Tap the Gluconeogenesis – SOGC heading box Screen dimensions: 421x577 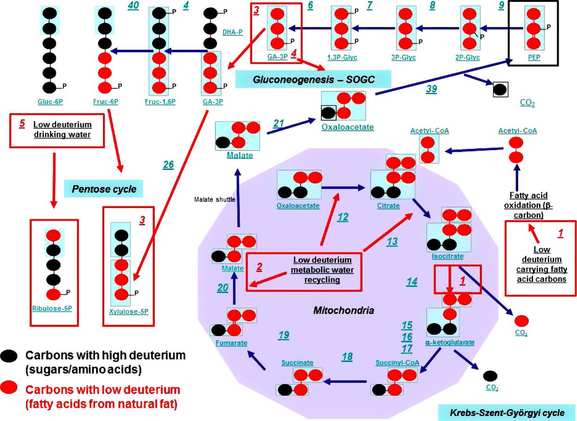[313, 78]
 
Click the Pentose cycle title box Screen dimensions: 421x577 [104, 189]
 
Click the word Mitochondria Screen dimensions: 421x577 [343, 311]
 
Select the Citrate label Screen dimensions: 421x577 [388, 205]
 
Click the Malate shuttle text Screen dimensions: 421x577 [215, 199]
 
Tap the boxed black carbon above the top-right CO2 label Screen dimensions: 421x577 [501, 89]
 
